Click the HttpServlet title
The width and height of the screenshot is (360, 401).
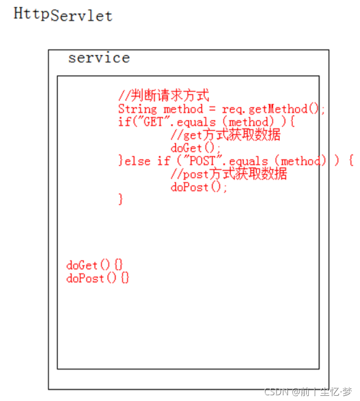63,14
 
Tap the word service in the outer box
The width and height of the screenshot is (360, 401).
99,57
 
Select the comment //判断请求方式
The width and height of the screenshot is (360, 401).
163,95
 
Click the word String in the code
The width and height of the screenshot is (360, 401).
137,109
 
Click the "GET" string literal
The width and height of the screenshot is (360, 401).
144,122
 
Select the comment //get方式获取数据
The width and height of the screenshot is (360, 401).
225,135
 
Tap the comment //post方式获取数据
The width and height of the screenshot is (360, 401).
229,174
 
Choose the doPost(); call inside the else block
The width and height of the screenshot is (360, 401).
199,187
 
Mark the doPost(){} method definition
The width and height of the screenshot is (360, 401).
98,278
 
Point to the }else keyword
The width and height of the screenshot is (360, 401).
134,161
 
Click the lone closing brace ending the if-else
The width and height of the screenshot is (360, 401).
121,199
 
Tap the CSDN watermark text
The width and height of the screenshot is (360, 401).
308,391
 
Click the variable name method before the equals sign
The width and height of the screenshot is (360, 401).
183,109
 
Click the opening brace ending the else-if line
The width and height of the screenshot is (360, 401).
350,161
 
